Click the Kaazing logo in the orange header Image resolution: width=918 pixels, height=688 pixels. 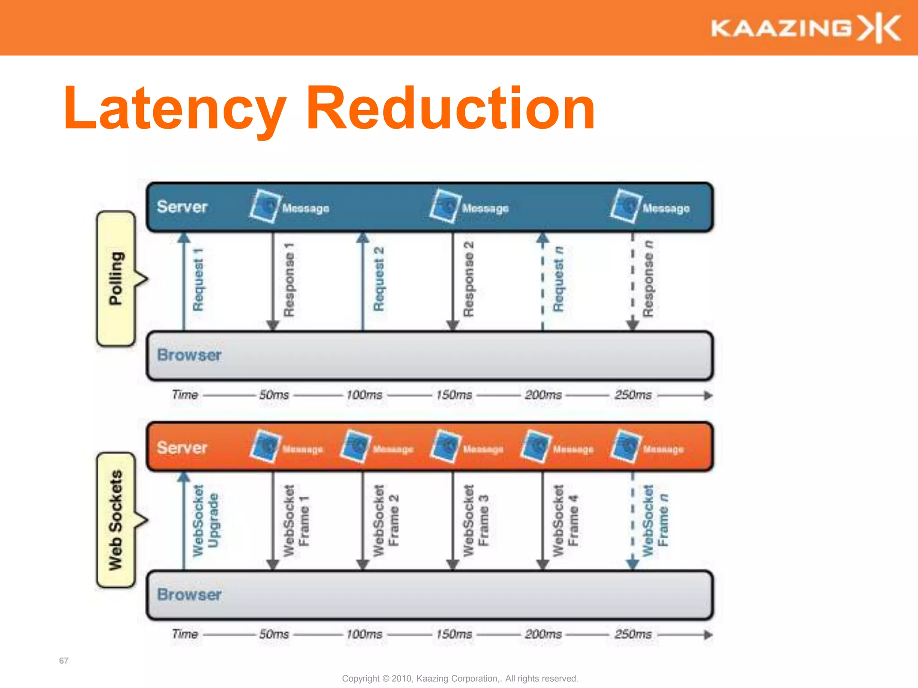pos(805,28)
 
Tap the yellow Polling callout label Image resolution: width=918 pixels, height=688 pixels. pos(116,279)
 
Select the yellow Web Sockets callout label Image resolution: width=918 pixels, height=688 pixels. pos(116,520)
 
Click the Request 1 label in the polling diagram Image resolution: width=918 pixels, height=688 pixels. pos(198,280)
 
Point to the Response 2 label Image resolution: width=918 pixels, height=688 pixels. pos(468,279)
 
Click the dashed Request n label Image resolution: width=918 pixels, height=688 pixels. pos(558,279)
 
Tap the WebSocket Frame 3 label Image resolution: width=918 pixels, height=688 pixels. pos(476,520)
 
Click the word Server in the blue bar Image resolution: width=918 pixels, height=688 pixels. pos(182,207)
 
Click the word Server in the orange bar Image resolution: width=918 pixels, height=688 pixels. pos(182,447)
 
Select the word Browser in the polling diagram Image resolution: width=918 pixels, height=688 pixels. pos(189,355)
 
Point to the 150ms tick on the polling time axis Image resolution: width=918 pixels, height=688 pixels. pos(454,395)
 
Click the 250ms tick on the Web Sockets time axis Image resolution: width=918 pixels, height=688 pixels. pos(633,634)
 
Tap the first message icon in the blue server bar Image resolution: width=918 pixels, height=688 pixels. pos(265,206)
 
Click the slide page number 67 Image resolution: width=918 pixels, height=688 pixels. pos(64,661)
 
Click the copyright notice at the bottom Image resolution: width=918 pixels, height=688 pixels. pos(460,679)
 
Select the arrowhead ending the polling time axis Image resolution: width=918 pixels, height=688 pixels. pos(708,396)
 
